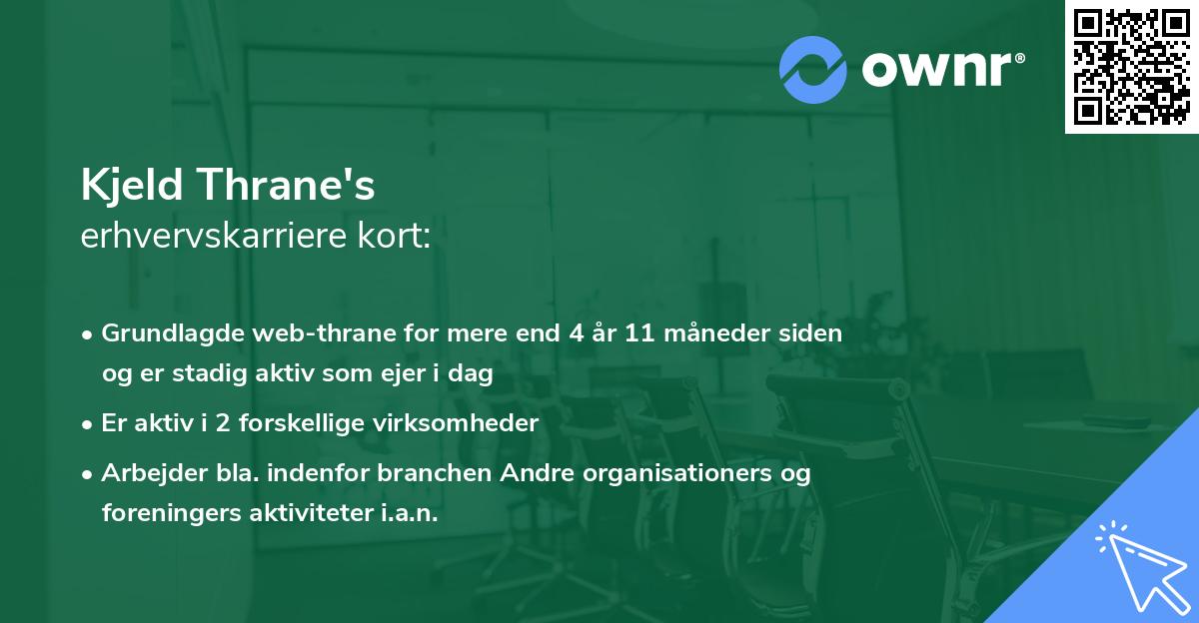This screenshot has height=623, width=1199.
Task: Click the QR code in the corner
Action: coord(1131,67)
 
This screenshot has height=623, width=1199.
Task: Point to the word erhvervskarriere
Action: coord(217,237)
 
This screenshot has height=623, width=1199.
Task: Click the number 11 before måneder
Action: coord(640,332)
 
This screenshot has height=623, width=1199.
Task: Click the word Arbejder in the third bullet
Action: coord(143,472)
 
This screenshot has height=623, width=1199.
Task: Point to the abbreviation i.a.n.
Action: coord(410,512)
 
